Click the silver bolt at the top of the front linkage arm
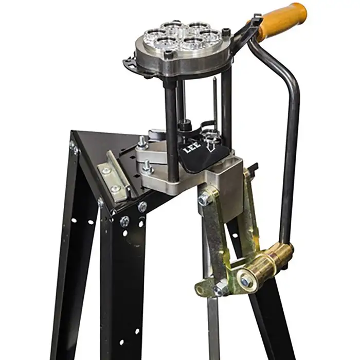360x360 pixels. click(x=203, y=199)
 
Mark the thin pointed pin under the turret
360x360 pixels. click(x=214, y=98)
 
